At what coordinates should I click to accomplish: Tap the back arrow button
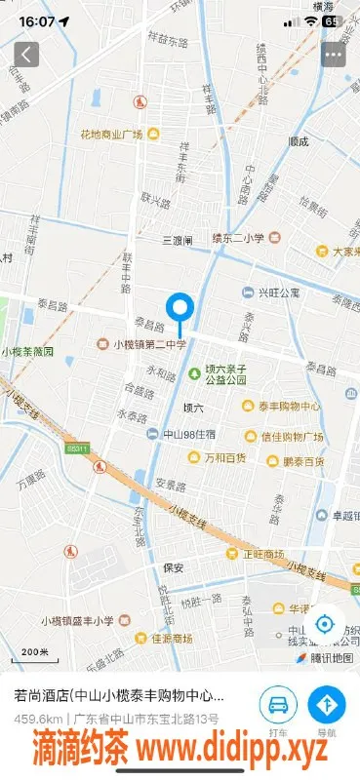(x=26, y=54)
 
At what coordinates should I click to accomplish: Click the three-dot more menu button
(x=334, y=54)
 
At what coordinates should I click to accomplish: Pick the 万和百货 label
(x=224, y=457)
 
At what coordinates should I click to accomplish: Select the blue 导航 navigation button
(x=327, y=705)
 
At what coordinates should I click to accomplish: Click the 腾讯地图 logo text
(x=331, y=658)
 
